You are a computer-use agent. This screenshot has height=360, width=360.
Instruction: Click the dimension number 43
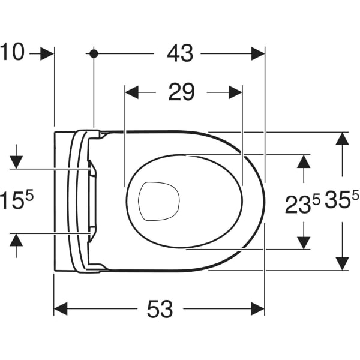click(180, 53)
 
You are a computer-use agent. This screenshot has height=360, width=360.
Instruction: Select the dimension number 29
click(181, 92)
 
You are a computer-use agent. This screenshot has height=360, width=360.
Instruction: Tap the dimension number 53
click(160, 309)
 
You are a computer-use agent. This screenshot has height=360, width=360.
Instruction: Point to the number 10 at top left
click(12, 52)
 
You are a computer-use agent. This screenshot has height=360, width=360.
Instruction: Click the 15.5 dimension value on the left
click(17, 200)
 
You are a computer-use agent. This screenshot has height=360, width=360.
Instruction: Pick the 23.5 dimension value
click(302, 204)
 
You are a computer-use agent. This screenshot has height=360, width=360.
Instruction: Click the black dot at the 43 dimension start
click(94, 54)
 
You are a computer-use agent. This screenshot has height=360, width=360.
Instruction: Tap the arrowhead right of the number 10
click(47, 54)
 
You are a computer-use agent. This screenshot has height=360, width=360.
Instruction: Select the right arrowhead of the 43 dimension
click(258, 54)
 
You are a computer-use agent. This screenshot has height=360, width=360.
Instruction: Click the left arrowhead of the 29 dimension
click(132, 92)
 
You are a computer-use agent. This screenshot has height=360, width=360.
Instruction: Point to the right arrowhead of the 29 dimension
click(236, 92)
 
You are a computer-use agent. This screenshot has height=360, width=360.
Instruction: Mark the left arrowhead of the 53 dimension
click(61, 309)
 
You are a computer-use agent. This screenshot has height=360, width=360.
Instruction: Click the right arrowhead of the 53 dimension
click(258, 309)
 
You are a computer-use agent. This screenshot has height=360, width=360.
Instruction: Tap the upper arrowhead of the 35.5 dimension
click(343, 139)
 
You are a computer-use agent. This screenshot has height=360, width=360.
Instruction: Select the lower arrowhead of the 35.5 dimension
click(343, 264)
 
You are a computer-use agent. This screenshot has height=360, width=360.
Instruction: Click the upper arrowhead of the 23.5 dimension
click(304, 161)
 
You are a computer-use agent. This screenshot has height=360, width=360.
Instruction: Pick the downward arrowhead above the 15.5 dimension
click(16, 162)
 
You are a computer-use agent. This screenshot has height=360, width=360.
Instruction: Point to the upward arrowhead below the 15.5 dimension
click(16, 240)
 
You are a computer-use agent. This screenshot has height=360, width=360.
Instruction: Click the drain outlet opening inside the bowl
click(158, 202)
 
